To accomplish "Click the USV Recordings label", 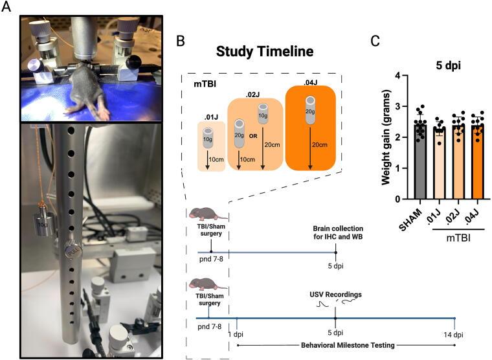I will [335, 294].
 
